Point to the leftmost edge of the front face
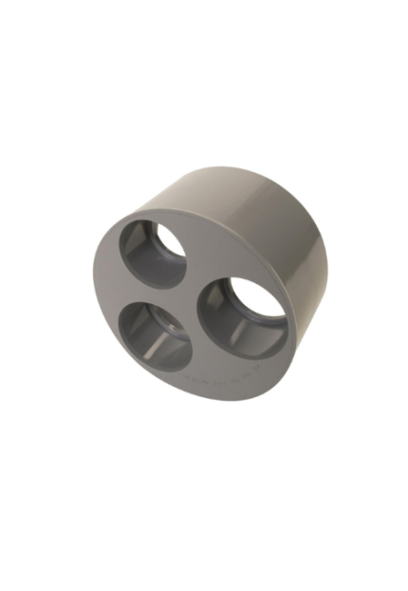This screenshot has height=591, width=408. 95,285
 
